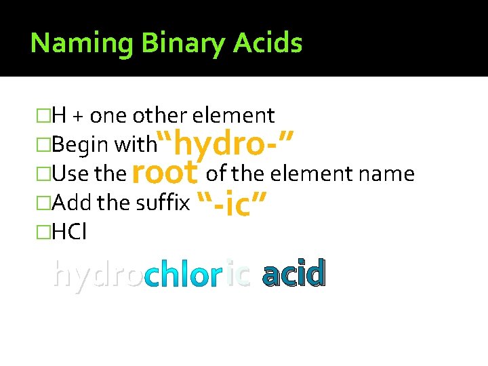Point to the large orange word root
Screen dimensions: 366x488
click(165, 173)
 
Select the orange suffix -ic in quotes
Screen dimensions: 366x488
click(231, 203)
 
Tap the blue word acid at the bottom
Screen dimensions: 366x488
click(293, 273)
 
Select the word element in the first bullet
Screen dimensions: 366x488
click(233, 116)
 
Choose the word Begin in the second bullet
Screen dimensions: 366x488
click(81, 145)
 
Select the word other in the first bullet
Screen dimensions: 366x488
click(155, 116)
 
